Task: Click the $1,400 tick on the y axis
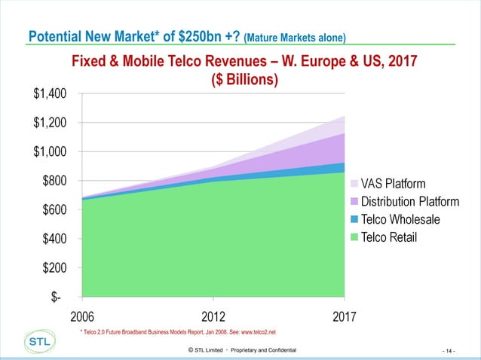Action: coord(50,94)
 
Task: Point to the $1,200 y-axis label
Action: coord(50,123)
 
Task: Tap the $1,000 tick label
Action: coord(50,152)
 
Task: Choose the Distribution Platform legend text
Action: coord(410,202)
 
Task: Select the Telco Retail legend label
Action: coord(389,238)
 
